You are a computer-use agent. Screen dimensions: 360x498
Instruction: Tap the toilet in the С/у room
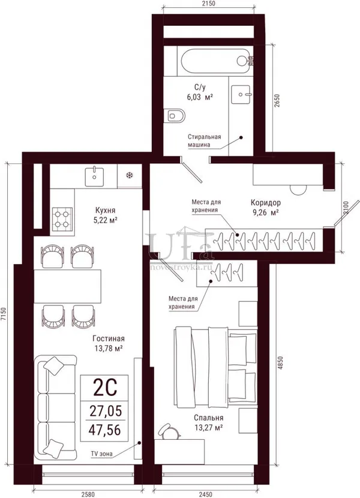[175, 116]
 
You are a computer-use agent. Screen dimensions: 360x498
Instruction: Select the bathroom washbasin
[241, 94]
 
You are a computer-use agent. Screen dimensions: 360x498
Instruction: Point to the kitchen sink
[94, 177]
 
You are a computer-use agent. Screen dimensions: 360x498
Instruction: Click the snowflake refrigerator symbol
[130, 175]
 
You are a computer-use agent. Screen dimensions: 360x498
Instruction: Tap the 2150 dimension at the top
[208, 4]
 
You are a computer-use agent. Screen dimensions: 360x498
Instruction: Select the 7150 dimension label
[4, 314]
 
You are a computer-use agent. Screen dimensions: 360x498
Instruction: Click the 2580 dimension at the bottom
[88, 494]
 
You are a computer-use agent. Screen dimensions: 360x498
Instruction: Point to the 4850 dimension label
[280, 363]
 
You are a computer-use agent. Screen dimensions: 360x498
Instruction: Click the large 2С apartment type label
[104, 388]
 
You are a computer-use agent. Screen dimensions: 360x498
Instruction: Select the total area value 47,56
[105, 430]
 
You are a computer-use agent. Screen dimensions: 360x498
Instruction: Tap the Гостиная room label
[109, 338]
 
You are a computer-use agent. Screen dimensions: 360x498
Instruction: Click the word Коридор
[266, 203]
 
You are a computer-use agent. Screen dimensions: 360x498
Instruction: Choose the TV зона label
[101, 454]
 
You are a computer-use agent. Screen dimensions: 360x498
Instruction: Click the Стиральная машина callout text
[204, 140]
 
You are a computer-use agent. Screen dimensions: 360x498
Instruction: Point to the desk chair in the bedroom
[169, 431]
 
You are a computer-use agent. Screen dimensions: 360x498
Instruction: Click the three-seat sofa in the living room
[56, 407]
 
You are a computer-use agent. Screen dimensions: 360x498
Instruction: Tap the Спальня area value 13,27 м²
[208, 428]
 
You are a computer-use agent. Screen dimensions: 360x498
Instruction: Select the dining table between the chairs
[67, 286]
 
